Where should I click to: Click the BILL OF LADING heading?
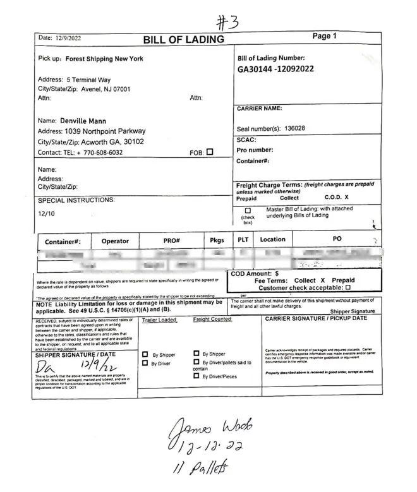pyautogui.click(x=183, y=40)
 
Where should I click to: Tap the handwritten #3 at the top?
pyautogui.click(x=228, y=23)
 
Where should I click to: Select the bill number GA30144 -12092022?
pyautogui.click(x=276, y=69)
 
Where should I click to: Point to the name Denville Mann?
pyautogui.click(x=83, y=121)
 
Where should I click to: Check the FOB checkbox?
pyautogui.click(x=210, y=152)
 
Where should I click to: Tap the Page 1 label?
pyautogui.click(x=325, y=36)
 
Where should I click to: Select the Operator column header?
pyautogui.click(x=115, y=241)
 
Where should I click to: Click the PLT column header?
pyautogui.click(x=243, y=240)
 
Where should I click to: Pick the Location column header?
pyautogui.click(x=272, y=240)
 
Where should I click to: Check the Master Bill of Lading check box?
pyautogui.click(x=248, y=210)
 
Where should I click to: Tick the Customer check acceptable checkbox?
pyautogui.click(x=348, y=287)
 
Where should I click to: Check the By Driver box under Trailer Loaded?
pyautogui.click(x=145, y=363)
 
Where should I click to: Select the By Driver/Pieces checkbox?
pyautogui.click(x=196, y=376)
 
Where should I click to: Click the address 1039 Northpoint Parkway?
pyautogui.click(x=106, y=131)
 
